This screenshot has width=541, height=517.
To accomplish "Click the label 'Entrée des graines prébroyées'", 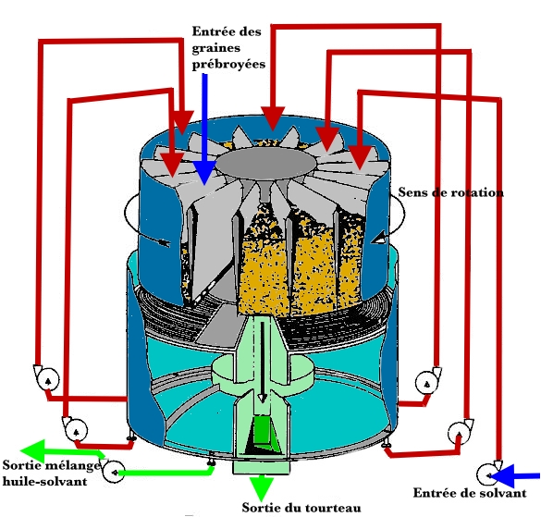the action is point(228,48).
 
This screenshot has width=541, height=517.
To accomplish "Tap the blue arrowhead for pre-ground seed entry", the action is point(204,172).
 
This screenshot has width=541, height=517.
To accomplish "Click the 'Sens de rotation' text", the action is point(450,191).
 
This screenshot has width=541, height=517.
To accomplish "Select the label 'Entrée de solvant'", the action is point(470,493).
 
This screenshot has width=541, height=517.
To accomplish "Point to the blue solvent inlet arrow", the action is point(515,476).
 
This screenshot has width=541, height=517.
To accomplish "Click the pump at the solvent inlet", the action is point(488,474).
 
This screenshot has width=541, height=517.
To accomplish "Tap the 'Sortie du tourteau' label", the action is point(301,508).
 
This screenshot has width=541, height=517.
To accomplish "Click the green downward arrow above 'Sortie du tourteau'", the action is point(261,487).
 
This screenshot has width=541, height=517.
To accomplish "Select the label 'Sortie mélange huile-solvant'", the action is point(52,474).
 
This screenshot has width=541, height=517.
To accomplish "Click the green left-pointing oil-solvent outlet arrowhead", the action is point(32,450).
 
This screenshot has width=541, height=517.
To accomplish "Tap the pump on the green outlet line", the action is point(113,471).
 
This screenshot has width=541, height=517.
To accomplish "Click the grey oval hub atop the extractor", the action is point(265,164).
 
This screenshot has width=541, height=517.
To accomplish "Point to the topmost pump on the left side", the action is point(47,378).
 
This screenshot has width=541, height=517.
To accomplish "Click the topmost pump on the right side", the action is point(428,381).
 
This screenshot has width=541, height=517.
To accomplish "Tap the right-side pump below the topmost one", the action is point(461,431).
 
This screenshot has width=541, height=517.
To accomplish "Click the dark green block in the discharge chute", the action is point(264,430).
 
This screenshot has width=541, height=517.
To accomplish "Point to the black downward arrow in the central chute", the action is point(263,363).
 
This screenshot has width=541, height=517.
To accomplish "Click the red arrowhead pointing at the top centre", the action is point(273,118).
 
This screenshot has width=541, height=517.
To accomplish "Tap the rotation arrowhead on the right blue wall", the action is point(378,238).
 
